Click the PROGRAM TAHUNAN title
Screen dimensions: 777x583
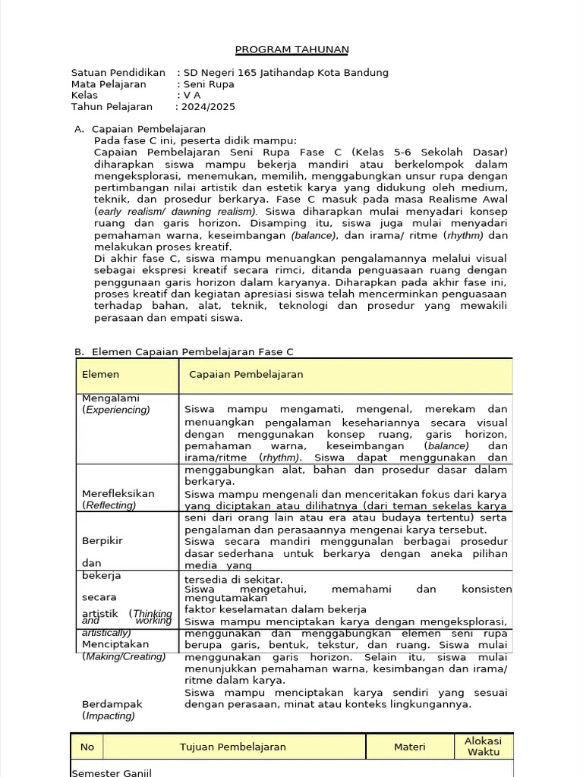click(291, 50)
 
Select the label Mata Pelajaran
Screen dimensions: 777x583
click(109, 84)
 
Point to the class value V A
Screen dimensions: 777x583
click(192, 96)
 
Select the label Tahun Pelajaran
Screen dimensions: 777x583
click(112, 107)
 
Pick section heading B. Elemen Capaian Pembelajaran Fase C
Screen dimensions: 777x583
click(184, 352)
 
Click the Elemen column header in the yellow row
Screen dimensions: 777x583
click(100, 375)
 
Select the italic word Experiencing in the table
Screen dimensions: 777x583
click(118, 410)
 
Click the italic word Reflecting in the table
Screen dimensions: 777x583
click(110, 505)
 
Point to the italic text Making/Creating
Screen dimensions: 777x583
click(124, 656)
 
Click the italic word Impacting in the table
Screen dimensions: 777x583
click(110, 716)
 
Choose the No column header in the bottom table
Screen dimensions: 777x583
click(87, 747)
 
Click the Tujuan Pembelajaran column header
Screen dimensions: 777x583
click(233, 747)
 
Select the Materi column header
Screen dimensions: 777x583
click(409, 747)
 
